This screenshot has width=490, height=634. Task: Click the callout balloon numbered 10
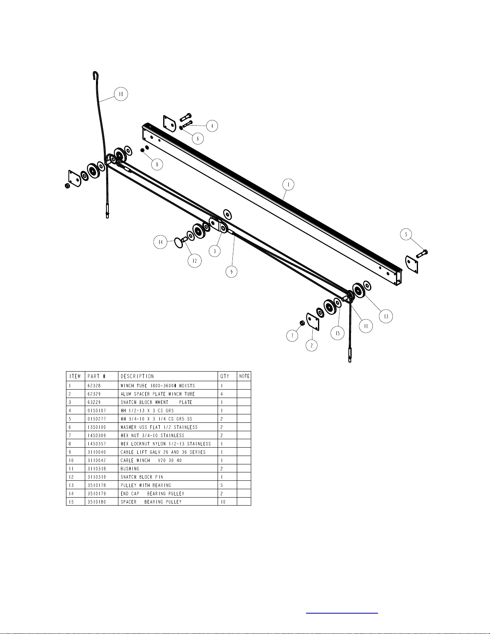(x=121, y=94)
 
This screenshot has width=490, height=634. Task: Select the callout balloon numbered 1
(x=288, y=184)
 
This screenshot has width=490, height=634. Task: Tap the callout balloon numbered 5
(x=406, y=234)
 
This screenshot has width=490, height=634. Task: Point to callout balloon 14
(x=160, y=242)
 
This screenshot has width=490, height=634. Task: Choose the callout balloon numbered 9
(x=232, y=272)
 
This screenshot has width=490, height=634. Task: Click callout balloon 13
(x=386, y=316)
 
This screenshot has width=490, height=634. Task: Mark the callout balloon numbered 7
(x=292, y=336)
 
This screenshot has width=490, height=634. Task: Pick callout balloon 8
(x=157, y=164)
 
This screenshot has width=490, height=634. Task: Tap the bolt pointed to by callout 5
(x=422, y=254)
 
